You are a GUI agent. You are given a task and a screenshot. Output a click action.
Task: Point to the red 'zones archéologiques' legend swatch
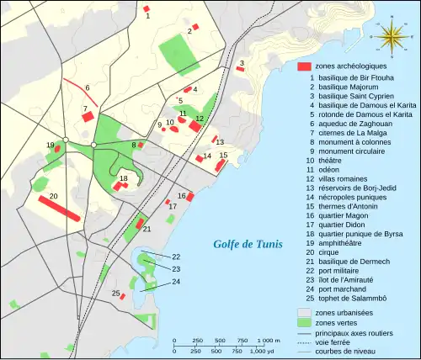coord(304,66)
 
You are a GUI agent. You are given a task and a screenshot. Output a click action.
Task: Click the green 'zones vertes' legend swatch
coord(304,323)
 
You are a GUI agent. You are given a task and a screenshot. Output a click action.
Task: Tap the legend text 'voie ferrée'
coord(333,341)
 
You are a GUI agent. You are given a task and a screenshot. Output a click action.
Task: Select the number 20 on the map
coord(53,196)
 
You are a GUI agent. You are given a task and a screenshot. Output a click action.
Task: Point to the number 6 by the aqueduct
coord(88,87)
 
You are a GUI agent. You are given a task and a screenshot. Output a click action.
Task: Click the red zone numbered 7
coord(88,117)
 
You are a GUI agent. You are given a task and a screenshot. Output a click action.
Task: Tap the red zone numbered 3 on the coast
coord(240,68)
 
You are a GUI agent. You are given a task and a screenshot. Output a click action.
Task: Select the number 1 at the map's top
coord(147,16)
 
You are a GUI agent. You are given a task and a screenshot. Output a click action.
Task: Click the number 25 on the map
coord(115,293)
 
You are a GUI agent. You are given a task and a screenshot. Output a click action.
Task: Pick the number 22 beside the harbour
coord(176,257)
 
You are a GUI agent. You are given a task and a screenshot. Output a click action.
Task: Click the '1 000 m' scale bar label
coord(268,341)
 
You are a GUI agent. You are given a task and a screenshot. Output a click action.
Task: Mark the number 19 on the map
coord(51,146)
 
